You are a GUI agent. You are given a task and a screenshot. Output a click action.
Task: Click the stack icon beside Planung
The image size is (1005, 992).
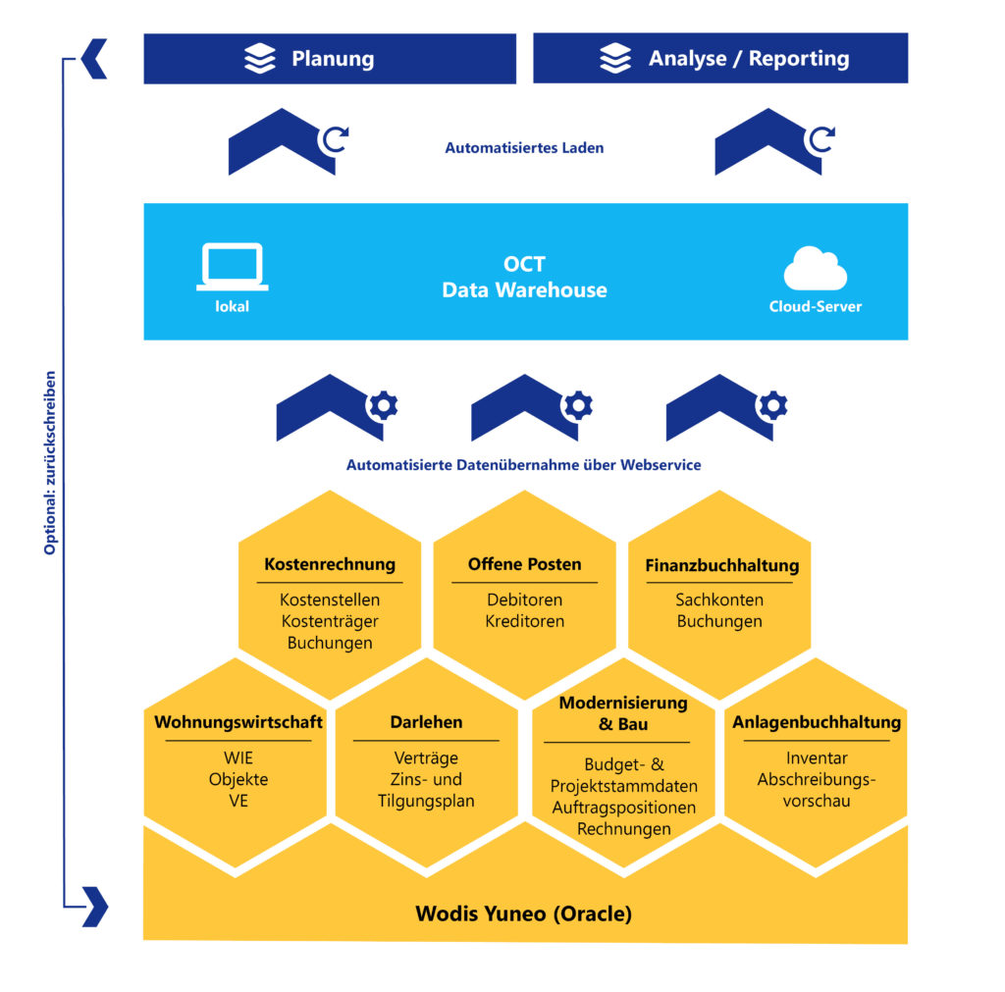tap(260, 59)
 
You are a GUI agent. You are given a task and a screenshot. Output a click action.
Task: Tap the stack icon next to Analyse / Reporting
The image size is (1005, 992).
tap(615, 59)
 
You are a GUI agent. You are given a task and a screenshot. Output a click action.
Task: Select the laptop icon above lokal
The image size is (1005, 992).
tap(232, 266)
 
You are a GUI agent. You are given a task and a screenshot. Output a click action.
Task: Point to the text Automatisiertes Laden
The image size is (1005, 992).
tap(524, 148)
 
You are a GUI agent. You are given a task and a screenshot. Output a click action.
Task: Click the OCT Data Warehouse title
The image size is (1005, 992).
tap(524, 278)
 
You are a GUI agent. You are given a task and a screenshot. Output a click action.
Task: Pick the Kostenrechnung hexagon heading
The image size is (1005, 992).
tap(330, 564)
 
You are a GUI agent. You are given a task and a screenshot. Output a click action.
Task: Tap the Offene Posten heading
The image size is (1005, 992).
tap(524, 564)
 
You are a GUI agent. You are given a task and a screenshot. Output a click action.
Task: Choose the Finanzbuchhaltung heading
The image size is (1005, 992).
tap(721, 565)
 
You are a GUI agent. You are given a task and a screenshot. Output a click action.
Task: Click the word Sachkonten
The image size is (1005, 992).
tap(719, 600)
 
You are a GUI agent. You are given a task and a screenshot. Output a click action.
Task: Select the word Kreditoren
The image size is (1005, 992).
tap(524, 621)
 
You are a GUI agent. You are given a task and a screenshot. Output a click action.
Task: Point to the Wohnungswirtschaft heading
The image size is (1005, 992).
tap(238, 722)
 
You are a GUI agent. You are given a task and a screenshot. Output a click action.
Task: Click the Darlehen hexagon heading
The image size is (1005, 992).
tap(426, 722)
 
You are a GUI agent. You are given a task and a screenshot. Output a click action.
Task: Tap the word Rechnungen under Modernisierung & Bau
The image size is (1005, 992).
tap(623, 829)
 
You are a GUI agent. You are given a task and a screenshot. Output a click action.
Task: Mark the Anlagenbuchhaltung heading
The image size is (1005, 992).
tap(817, 722)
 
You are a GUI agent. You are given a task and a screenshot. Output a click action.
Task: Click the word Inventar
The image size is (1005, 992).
tap(817, 757)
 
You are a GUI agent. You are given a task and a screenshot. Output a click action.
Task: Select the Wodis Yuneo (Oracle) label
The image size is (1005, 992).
tap(524, 914)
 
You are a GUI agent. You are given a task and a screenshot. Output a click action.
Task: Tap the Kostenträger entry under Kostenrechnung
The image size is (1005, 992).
tap(330, 621)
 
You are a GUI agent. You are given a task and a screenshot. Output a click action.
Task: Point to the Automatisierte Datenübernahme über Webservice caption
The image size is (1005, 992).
tap(524, 465)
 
